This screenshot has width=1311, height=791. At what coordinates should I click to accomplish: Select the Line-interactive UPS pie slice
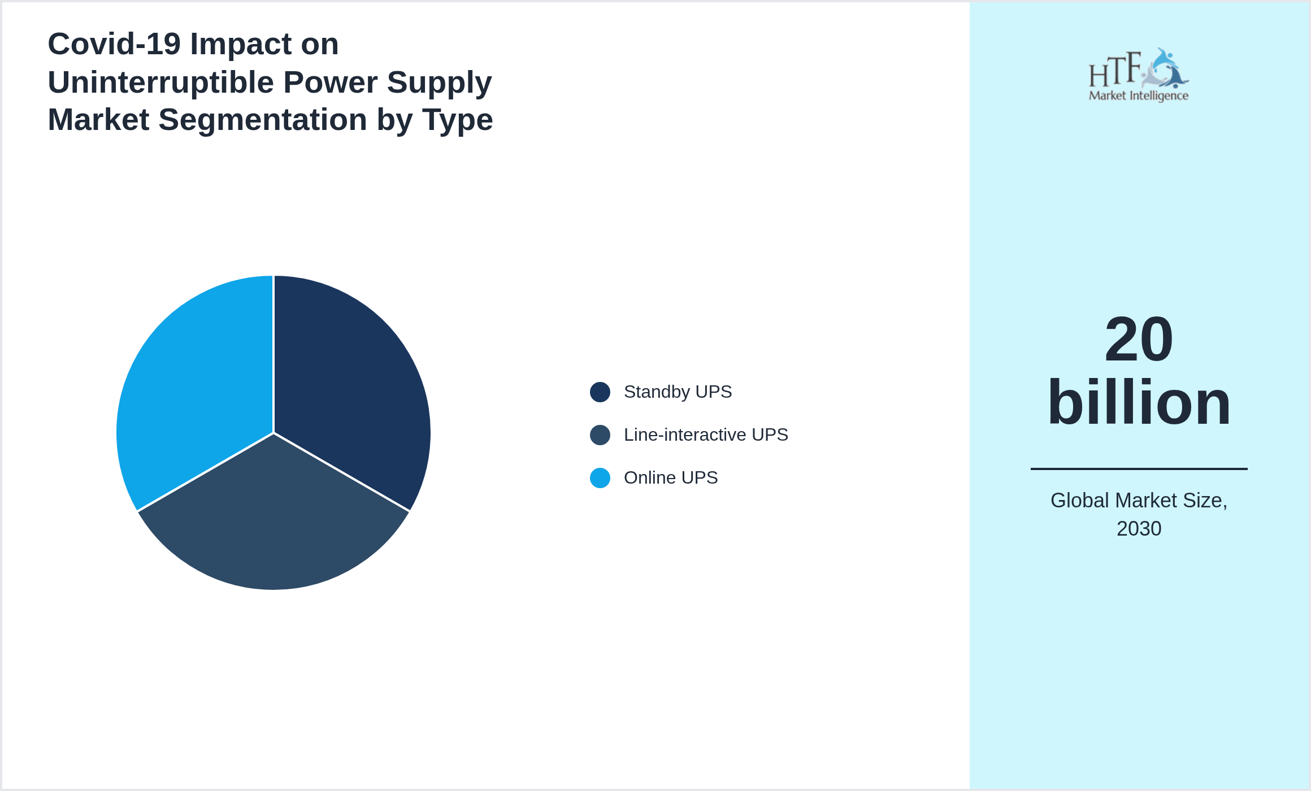[274, 525]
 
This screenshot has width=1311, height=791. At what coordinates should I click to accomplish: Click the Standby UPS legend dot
[600, 392]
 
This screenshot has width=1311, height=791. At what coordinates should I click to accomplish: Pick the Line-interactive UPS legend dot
[600, 435]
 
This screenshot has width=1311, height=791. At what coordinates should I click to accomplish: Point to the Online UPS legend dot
[600, 478]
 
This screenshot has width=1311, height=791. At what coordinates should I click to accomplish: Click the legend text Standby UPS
[678, 392]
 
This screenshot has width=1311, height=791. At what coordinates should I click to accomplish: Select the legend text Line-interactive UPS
[706, 435]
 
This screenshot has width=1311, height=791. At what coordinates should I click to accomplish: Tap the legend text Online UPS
[671, 478]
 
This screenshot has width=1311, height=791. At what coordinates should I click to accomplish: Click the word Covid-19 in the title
[114, 44]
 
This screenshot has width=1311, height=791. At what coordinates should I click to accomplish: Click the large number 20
[1139, 339]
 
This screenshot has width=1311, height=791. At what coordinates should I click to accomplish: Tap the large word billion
[1139, 402]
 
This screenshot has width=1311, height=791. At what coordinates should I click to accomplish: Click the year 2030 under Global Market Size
[1139, 529]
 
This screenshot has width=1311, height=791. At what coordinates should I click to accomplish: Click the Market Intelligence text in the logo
[1139, 96]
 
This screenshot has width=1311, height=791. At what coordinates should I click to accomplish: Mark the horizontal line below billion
[1139, 469]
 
